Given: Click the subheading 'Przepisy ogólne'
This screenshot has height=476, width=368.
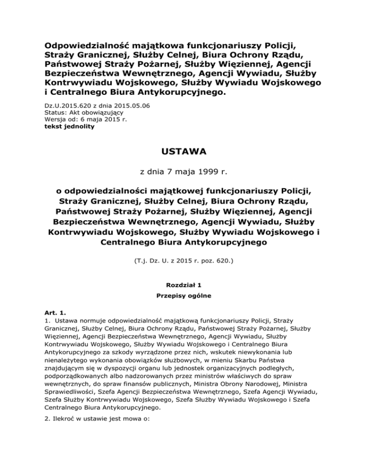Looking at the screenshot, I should (184, 296).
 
